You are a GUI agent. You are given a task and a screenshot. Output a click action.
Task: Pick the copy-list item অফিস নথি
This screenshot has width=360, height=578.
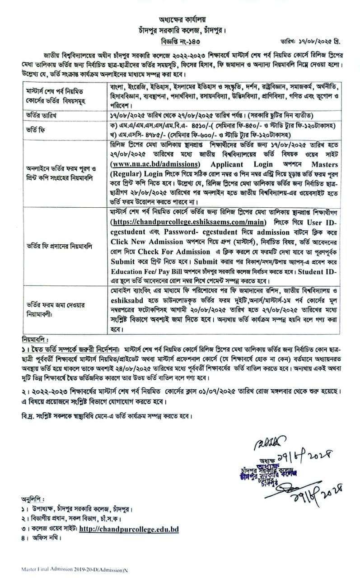46,538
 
